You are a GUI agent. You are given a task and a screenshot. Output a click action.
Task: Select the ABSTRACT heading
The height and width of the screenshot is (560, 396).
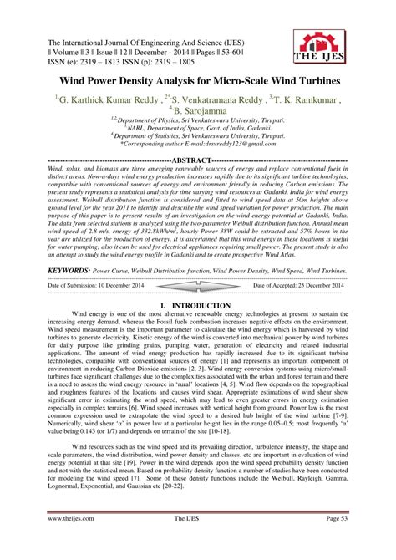[197, 159]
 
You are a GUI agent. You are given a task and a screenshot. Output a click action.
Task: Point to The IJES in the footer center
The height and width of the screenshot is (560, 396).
[197, 542]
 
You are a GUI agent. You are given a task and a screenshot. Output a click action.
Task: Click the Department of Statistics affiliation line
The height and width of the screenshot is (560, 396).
[198, 135]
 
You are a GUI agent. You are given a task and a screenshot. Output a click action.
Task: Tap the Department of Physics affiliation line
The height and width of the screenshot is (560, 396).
[198, 120]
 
